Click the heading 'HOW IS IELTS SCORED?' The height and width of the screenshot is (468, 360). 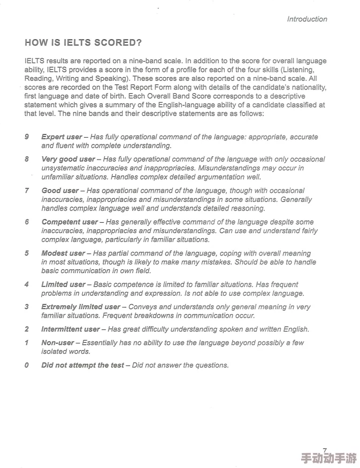[83, 43]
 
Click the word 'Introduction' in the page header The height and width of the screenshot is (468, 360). [307, 19]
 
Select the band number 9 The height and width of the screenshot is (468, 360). [27, 137]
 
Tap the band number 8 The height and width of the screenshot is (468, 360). [27, 159]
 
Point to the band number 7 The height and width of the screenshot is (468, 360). [27, 191]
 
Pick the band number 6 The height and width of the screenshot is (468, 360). [27, 222]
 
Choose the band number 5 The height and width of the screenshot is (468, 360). [27, 253]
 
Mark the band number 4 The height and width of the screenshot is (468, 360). [27, 284]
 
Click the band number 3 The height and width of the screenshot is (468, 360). [27, 307]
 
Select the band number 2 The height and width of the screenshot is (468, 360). [27, 329]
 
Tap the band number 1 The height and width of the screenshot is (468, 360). [27, 343]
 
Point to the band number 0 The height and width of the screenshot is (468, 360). [27, 365]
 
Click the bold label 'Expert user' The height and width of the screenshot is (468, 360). [62, 137]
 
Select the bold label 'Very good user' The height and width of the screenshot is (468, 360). [68, 159]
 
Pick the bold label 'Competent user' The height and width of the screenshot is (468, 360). [70, 222]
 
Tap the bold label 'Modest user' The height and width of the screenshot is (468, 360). [63, 253]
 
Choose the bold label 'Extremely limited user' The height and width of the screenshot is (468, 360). [81, 307]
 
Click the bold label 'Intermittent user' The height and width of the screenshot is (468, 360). [71, 329]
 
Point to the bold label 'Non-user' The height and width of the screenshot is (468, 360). [58, 343]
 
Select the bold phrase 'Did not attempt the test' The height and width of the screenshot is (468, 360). [82, 365]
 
